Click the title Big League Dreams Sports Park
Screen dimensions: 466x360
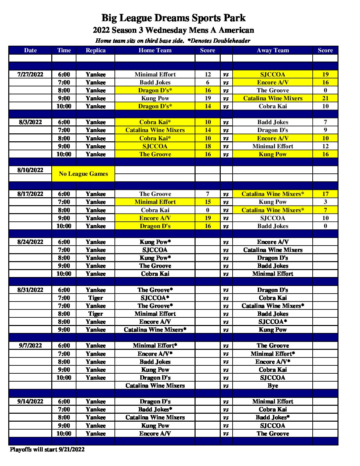(x=173, y=18)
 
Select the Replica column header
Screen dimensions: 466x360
(x=96, y=50)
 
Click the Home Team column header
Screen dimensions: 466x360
(x=155, y=50)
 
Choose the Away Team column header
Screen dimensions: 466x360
(x=273, y=50)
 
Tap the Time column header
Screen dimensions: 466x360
(x=64, y=50)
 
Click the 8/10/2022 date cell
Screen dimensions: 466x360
(x=30, y=170)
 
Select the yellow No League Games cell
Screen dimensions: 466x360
(x=83, y=174)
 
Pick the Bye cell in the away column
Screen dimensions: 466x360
(x=273, y=386)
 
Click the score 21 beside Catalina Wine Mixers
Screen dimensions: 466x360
(x=325, y=98)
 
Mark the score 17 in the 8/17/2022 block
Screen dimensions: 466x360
(x=325, y=194)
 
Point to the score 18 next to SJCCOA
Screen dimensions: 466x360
(x=207, y=146)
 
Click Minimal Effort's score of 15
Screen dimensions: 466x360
(x=207, y=202)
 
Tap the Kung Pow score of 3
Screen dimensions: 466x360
(x=325, y=202)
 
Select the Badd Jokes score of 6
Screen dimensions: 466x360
(x=207, y=82)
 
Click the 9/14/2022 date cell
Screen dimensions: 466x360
(x=30, y=401)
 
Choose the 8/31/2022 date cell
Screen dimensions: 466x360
(x=30, y=290)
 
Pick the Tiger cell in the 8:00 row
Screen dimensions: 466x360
(x=96, y=314)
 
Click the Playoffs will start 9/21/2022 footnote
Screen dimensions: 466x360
(x=47, y=449)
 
